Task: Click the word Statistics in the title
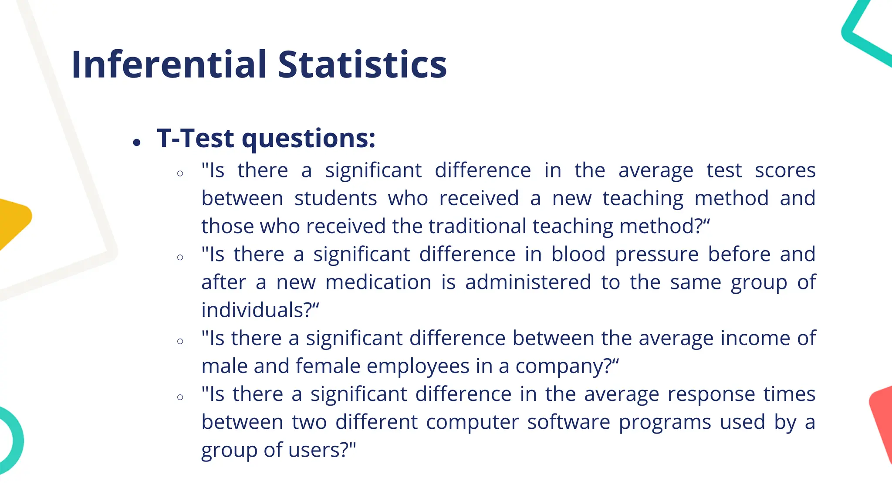362,64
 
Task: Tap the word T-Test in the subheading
196,139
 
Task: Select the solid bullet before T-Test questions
137,142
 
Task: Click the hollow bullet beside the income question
180,341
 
